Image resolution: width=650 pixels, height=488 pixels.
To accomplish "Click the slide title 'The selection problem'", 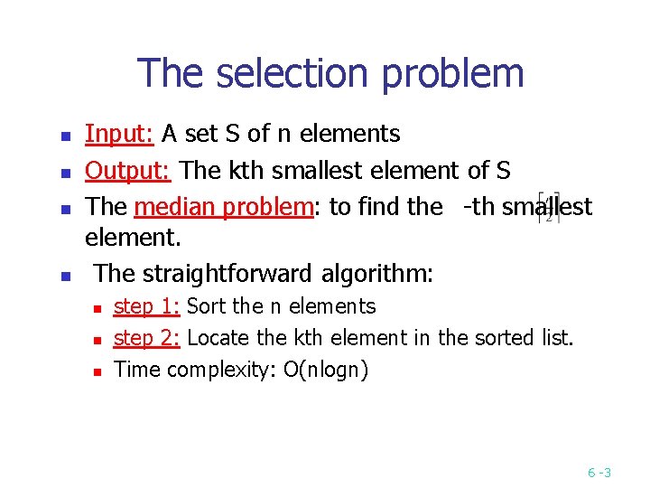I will pyautogui.click(x=330, y=73).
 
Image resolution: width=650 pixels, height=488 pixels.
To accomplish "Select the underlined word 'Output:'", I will pyautogui.click(x=130, y=171).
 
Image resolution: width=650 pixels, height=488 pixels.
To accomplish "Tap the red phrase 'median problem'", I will pyautogui.click(x=222, y=207).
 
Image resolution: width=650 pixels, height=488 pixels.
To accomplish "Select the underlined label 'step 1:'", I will pyautogui.click(x=146, y=306).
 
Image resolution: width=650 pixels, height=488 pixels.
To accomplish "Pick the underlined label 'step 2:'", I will pyautogui.click(x=146, y=338).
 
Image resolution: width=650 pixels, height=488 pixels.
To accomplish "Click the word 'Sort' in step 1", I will pyautogui.click(x=206, y=306).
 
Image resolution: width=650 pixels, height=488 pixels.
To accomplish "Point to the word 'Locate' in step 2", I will pyautogui.click(x=218, y=338).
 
